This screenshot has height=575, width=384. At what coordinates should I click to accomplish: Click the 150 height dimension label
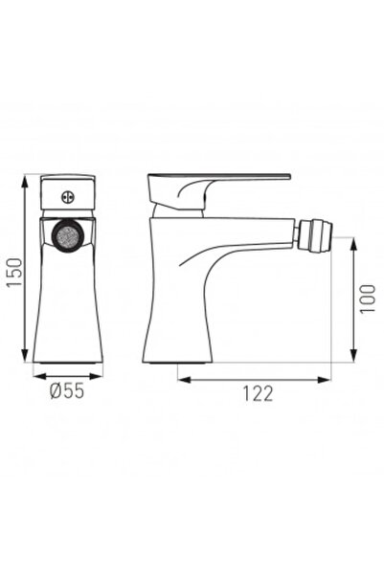pos(13,270)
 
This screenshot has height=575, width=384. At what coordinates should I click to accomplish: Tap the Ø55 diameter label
pos(67,390)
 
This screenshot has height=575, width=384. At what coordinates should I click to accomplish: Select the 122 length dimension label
pos(257,393)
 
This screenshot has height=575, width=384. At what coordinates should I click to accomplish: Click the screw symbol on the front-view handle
pos(67,199)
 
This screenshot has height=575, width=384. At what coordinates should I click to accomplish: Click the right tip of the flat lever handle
pos(287,177)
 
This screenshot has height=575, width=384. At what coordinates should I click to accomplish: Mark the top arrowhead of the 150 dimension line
pos(24,179)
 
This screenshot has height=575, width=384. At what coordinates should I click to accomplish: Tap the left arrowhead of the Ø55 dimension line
pos(36,376)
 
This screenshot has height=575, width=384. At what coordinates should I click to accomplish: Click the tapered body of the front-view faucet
pos(67,306)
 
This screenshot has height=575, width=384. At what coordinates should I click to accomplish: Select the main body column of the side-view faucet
pos(177,297)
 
